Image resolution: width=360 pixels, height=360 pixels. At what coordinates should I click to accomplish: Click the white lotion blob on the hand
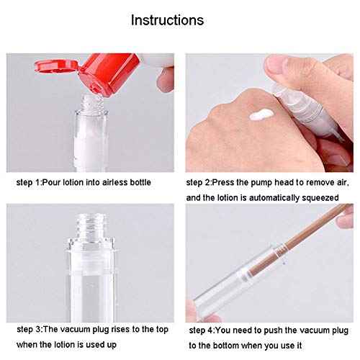tap(258, 115)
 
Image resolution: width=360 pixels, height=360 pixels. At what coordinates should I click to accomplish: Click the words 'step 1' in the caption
tap(28, 182)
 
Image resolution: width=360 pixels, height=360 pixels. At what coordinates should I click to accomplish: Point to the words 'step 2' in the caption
tap(199, 182)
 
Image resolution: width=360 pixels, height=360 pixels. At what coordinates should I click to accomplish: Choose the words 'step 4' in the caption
tap(202, 330)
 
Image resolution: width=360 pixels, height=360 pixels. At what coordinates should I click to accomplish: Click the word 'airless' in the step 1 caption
tap(114, 182)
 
